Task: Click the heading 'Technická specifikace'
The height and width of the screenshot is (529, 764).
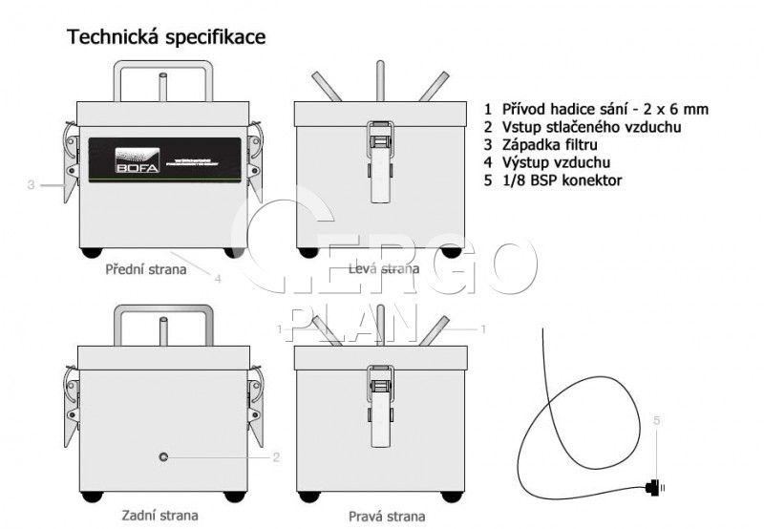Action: point(165,38)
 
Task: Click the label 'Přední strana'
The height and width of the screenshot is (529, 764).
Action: point(146,269)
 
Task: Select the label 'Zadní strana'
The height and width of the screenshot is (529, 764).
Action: point(160,516)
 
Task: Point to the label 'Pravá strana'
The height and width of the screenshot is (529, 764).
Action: point(387,516)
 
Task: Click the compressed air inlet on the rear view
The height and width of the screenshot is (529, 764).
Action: point(163,457)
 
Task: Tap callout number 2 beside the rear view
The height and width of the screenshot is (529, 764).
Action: point(276,457)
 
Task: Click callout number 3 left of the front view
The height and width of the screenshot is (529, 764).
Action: point(31,184)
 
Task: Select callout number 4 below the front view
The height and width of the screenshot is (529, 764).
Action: point(218,279)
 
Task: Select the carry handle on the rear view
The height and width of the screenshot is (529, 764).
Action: point(163,312)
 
